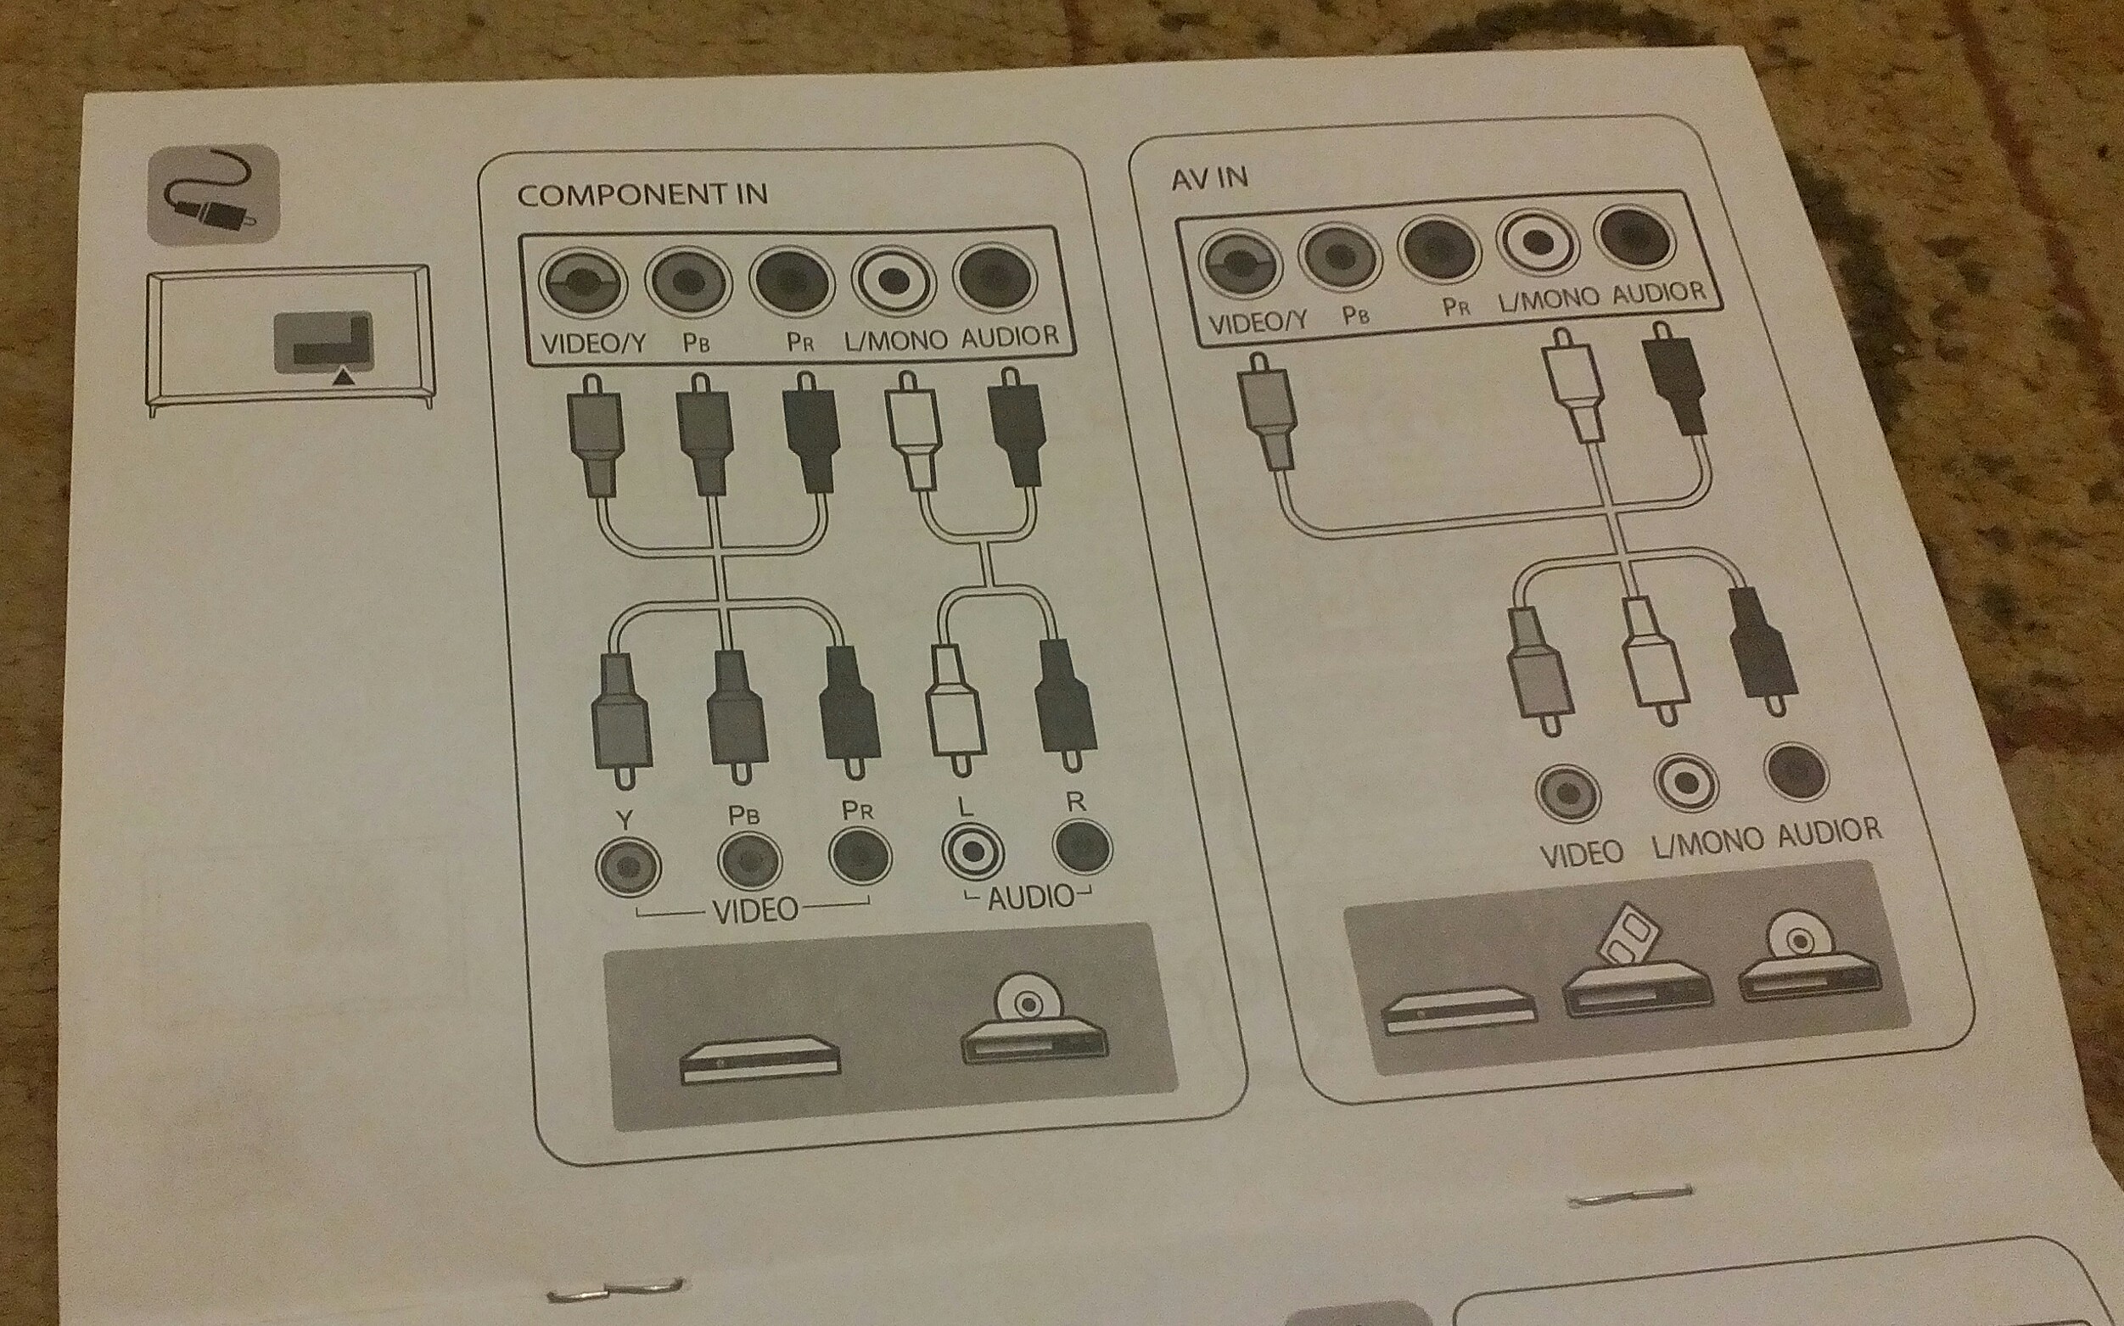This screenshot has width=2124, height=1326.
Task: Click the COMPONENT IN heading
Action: click(x=642, y=193)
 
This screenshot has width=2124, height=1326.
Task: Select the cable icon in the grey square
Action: click(x=213, y=193)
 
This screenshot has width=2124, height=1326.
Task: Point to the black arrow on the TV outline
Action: click(x=344, y=376)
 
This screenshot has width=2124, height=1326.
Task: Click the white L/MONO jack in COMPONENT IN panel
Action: click(x=893, y=282)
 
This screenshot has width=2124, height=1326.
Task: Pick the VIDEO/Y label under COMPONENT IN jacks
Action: click(x=593, y=343)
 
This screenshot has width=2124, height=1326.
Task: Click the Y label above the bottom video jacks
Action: click(x=624, y=820)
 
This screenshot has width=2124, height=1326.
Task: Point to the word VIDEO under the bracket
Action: click(x=755, y=911)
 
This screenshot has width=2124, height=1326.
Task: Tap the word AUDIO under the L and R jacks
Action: click(x=1030, y=896)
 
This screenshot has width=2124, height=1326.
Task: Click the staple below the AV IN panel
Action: click(x=1628, y=1196)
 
